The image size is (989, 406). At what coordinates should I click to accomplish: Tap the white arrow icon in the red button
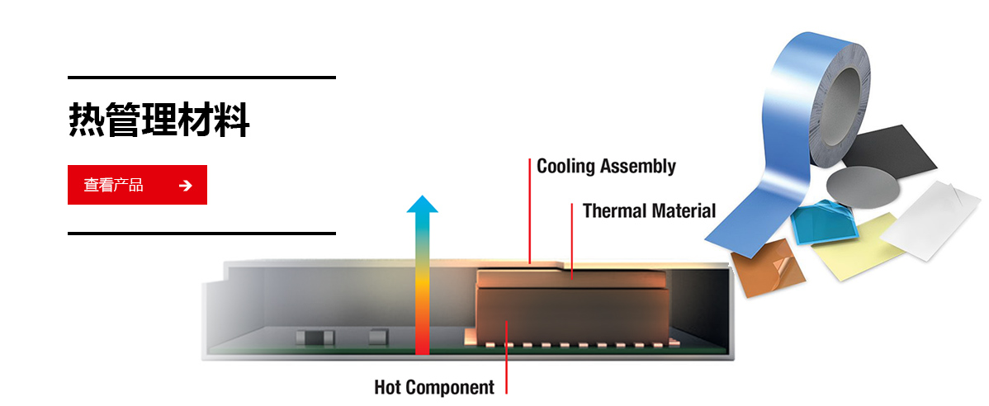pyautogui.click(x=186, y=186)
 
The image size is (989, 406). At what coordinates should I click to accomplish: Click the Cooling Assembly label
pyautogui.click(x=606, y=167)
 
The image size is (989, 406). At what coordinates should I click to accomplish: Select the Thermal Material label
pyautogui.click(x=649, y=210)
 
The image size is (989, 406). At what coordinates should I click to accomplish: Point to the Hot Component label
pyautogui.click(x=434, y=386)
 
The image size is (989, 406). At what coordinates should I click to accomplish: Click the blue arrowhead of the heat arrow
pyautogui.click(x=422, y=204)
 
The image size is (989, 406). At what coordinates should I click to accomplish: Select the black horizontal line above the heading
pyautogui.click(x=201, y=78)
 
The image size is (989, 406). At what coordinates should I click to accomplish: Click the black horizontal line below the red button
pyautogui.click(x=201, y=234)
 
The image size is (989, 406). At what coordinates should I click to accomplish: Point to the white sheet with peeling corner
pyautogui.click(x=931, y=220)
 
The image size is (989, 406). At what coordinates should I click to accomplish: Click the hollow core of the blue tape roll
pyautogui.click(x=838, y=104)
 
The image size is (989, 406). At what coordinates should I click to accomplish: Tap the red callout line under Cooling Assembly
pyautogui.click(x=530, y=210)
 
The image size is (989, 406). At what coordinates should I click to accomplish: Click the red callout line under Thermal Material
pyautogui.click(x=572, y=240)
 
